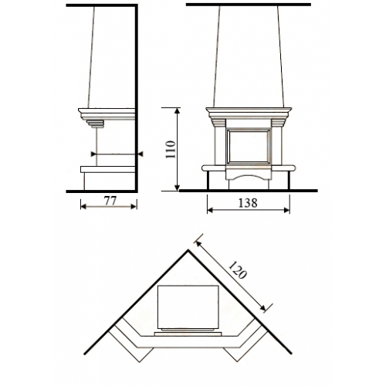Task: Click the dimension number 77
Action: pos(110,201)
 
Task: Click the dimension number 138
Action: pos(247,203)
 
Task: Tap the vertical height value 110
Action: pos(171,150)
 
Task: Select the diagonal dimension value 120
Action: pos(238,270)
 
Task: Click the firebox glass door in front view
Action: pos(248,147)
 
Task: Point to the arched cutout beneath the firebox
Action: pos(248,178)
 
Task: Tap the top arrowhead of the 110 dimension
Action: pos(177,111)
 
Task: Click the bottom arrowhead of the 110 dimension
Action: pos(177,188)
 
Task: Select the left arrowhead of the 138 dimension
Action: pos(210,210)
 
